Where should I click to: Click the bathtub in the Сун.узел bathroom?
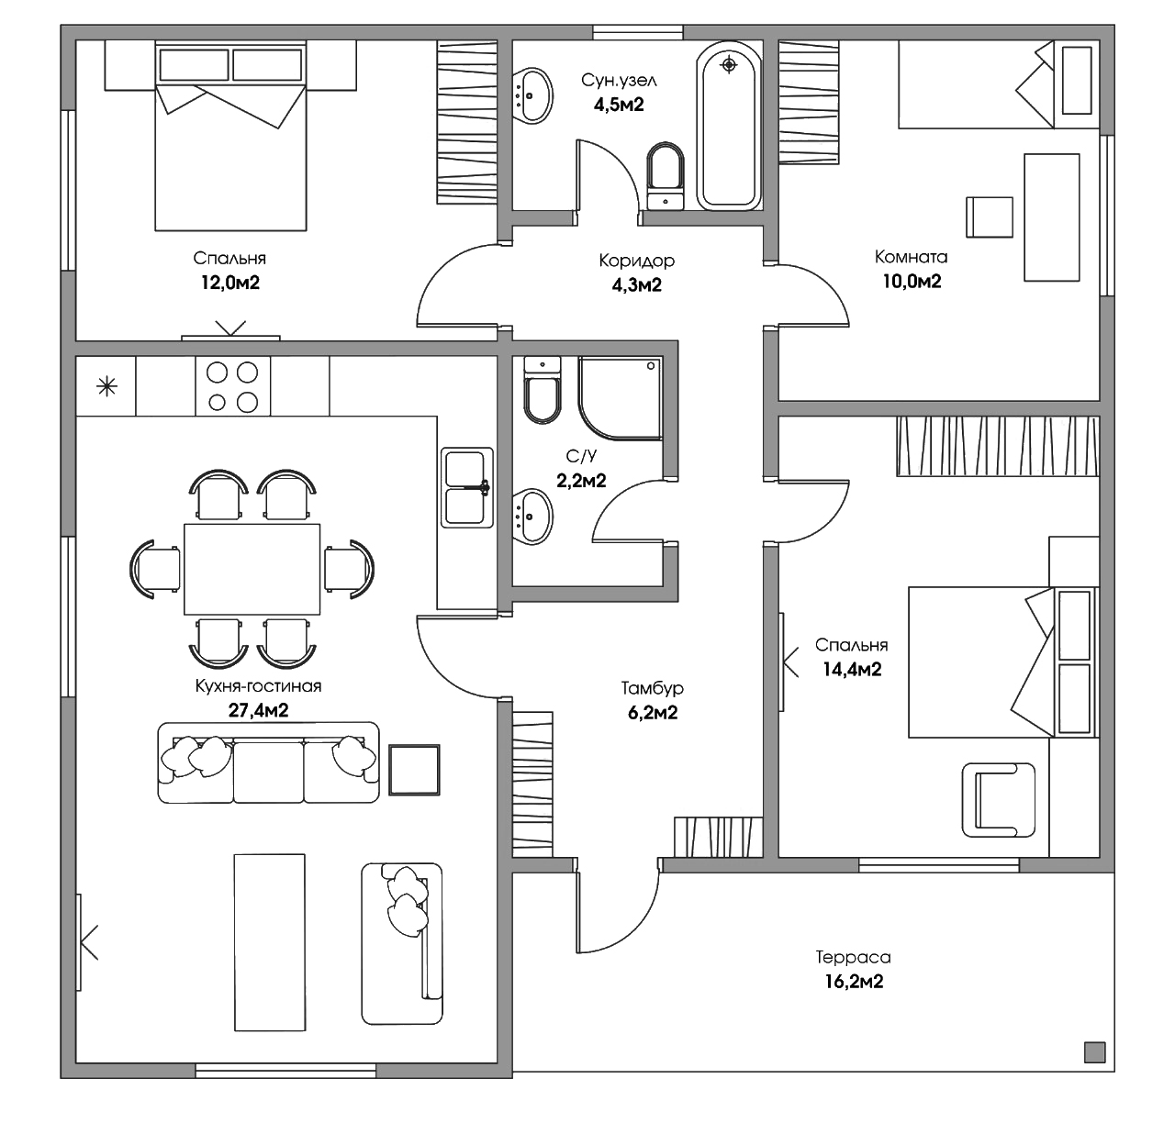[729, 126]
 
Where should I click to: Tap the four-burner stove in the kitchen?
[232, 386]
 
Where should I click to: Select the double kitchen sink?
[466, 487]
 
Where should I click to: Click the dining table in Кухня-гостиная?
[252, 569]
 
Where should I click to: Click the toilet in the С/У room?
[543, 390]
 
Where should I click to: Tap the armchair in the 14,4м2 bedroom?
[998, 799]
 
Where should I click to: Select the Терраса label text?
[853, 957]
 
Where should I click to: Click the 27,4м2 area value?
[259, 710]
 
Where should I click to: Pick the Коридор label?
[636, 261]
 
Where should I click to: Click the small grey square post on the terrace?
[1094, 1052]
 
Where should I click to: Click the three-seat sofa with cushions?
[269, 762]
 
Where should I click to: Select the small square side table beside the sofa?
[414, 770]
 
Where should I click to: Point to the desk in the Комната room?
[1051, 217]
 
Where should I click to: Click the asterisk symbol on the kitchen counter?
[106, 386]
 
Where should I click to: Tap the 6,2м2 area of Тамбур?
[653, 713]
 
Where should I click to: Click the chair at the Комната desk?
[989, 217]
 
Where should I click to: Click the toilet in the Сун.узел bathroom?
[666, 176]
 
